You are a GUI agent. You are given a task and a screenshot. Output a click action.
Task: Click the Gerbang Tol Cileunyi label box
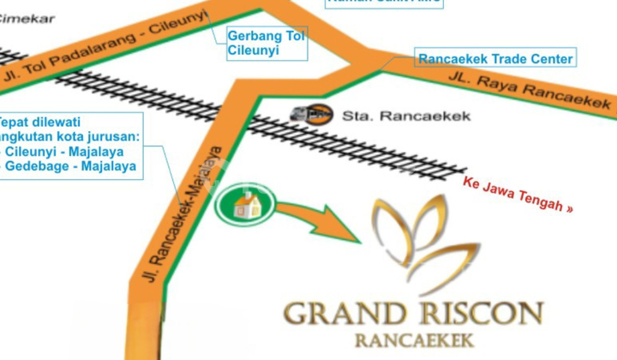[x=267, y=43]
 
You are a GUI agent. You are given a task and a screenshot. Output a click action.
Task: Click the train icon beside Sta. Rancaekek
[x=310, y=112]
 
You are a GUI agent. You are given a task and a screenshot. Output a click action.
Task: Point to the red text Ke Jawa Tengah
[x=518, y=195]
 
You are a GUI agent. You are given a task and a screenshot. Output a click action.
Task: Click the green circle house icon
[x=246, y=206]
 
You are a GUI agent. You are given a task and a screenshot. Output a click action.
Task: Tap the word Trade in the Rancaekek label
[x=506, y=59]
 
